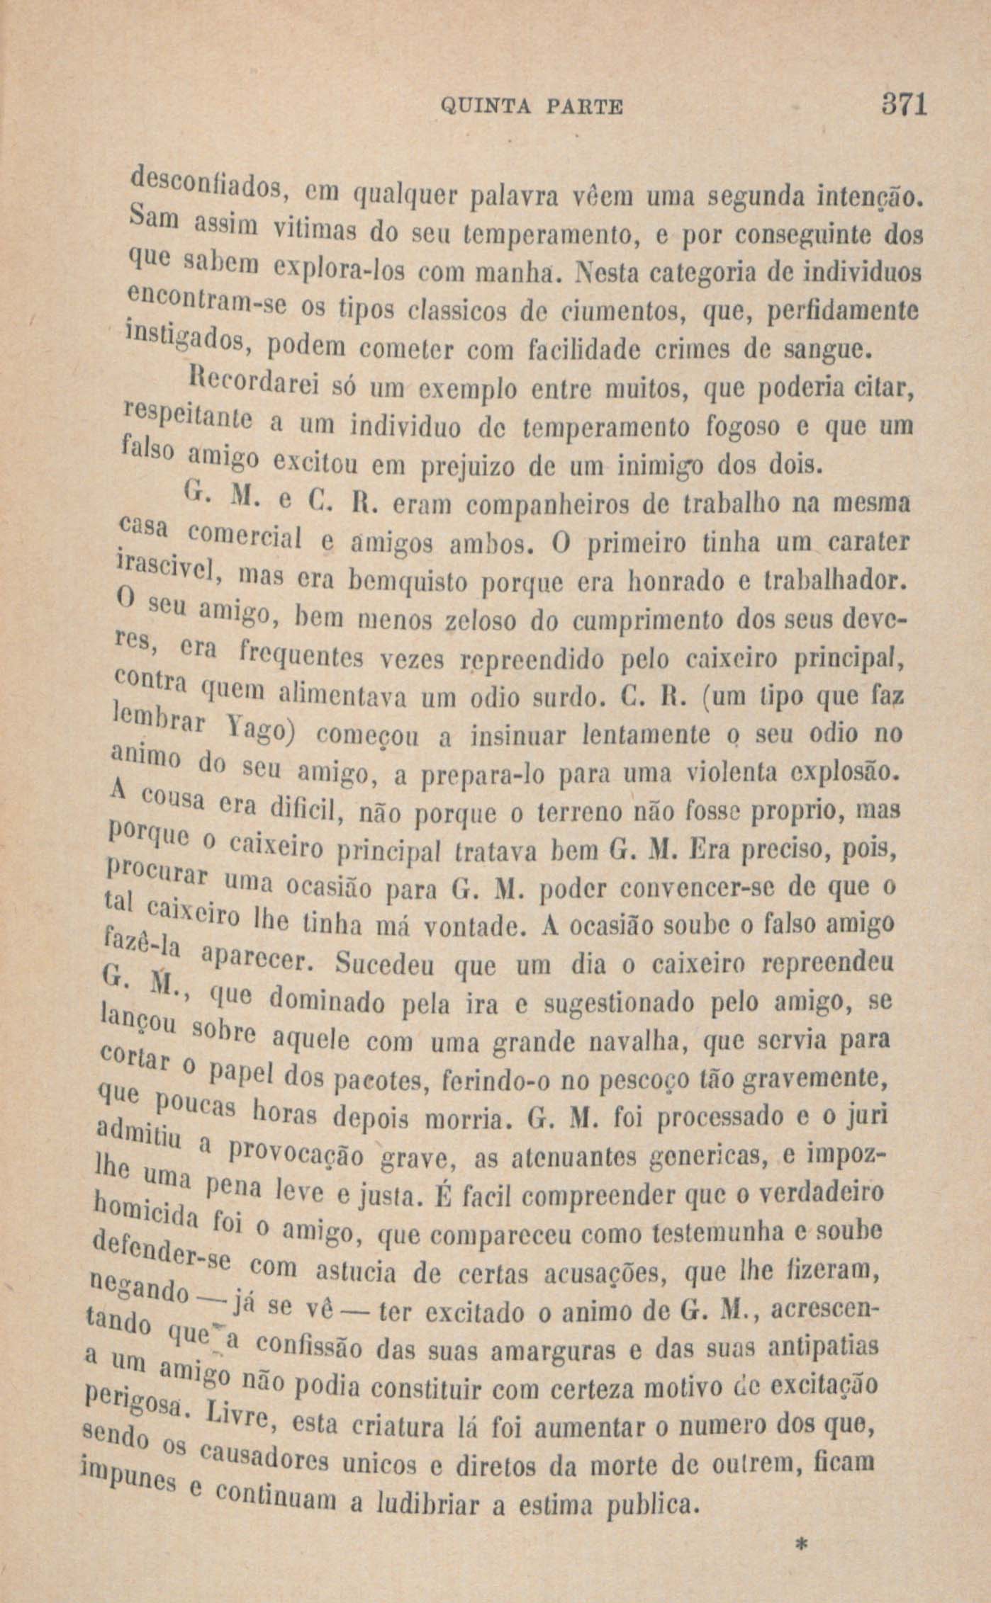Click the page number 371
[901, 106]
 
